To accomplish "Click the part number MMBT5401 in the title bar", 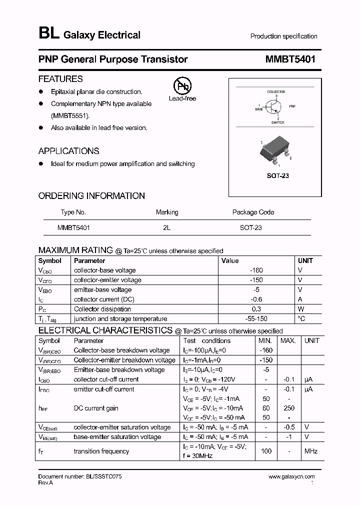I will pos(290,59).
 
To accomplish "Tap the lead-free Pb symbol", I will pos(182,86).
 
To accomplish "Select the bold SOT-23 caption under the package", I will pos(277,176).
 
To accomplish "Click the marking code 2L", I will pos(166,227).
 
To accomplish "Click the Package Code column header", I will pos(253,212).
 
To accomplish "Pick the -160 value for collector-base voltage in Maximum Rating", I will pos(256,270).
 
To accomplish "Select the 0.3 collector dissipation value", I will pos(256,309).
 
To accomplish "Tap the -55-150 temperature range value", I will pos(256,318).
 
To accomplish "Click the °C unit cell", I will pos(301,318).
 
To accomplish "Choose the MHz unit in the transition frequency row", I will pos(310,451).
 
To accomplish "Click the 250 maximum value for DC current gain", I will pos(288,408).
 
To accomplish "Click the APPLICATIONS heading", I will pos(68,151).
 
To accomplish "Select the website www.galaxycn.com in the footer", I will pos(291,477).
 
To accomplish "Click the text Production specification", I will pos(283,36).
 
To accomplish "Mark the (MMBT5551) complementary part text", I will pos(70,115).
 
